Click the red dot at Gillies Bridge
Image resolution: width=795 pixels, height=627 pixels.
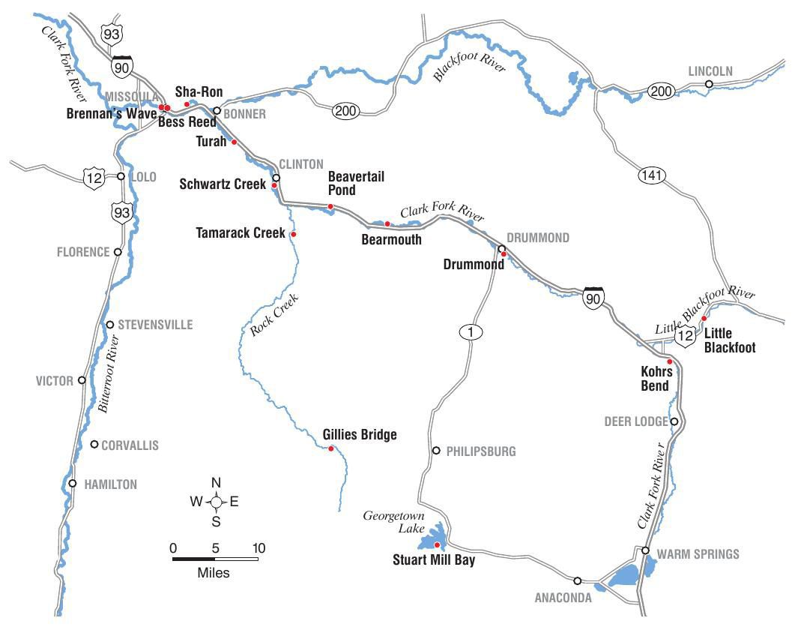tap(331, 448)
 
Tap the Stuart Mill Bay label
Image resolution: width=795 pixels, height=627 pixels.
tap(434, 559)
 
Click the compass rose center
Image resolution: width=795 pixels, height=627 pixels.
tap(216, 502)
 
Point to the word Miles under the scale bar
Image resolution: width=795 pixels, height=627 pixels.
tap(214, 574)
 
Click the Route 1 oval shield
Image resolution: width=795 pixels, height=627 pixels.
tap(470, 332)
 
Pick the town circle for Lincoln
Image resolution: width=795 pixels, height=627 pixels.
tap(709, 84)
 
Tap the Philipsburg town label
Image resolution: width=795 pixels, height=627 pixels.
tap(481, 451)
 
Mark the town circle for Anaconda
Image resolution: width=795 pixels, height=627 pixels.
tap(577, 580)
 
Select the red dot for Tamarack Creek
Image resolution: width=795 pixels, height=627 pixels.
tap(293, 235)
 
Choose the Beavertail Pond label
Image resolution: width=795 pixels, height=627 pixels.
tap(357, 182)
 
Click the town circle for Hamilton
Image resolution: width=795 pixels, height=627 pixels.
tap(73, 483)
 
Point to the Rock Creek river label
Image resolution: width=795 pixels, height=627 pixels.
tap(274, 314)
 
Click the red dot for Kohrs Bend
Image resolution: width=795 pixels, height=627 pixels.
tap(670, 361)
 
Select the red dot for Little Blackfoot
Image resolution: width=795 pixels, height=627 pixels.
tap(704, 319)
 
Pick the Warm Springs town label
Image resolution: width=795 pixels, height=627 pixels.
tap(698, 554)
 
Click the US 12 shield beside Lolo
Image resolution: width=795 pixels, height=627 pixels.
tap(94, 177)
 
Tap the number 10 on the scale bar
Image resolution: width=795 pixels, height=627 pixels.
tap(259, 548)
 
